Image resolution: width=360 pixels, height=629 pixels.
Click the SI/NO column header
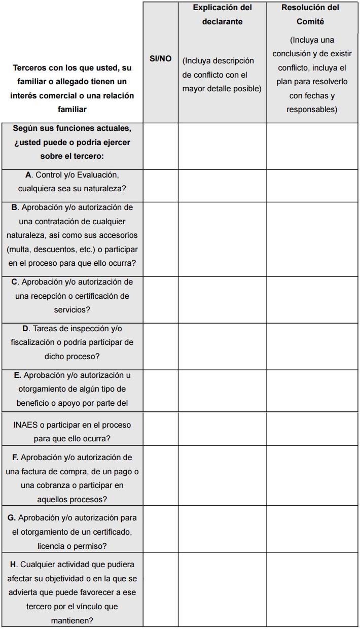tap(160, 59)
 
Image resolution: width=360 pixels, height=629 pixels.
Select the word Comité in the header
tap(310, 22)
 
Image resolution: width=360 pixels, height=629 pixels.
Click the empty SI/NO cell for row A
tap(160, 185)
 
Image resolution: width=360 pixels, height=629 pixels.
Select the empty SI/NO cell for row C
tap(160, 299)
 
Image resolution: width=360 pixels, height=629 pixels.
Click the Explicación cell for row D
tap(222, 345)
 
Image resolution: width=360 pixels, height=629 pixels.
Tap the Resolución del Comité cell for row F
tap(313, 475)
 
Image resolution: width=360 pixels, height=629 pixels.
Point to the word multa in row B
tap(21, 250)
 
